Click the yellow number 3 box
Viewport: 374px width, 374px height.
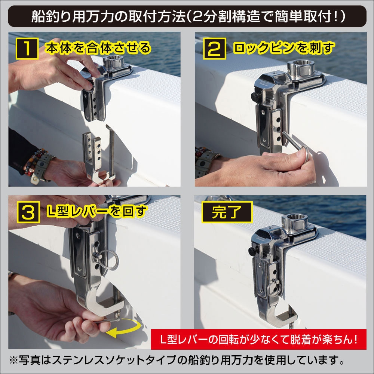[x=28, y=212]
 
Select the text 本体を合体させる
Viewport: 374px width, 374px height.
[x=98, y=48]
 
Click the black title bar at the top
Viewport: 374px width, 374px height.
[x=187, y=16]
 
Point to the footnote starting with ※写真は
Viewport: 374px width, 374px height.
[x=176, y=361]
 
